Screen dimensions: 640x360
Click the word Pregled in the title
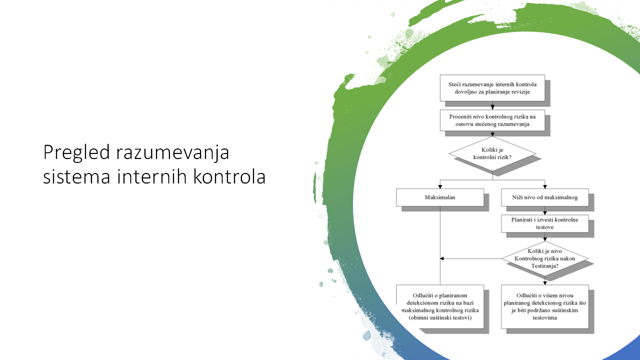click(76, 153)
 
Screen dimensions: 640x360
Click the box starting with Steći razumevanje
click(492, 88)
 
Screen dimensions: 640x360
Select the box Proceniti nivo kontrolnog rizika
click(492, 120)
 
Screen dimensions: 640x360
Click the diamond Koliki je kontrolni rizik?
click(492, 153)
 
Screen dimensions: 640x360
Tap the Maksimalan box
click(440, 197)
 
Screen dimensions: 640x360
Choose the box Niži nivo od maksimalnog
click(545, 197)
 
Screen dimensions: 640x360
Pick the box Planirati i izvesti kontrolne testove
click(545, 223)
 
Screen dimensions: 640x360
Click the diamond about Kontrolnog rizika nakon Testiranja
click(545, 258)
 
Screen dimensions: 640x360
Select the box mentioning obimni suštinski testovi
click(440, 306)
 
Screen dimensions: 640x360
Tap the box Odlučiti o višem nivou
click(545, 306)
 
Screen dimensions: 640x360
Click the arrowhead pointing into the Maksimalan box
click(440, 186)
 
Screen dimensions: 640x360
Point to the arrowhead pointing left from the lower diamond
click(442, 258)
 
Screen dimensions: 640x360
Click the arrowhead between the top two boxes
click(492, 107)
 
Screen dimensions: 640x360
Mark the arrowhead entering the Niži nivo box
click(545, 186)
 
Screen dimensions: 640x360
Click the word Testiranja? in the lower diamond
click(545, 266)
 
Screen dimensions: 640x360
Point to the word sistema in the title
click(76, 177)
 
